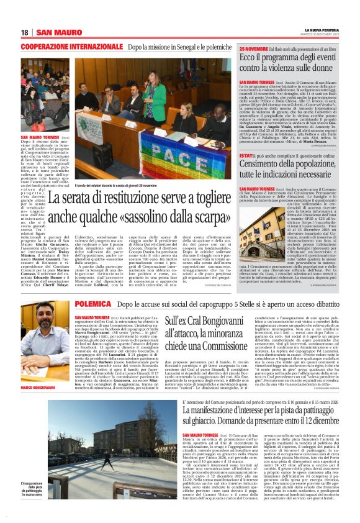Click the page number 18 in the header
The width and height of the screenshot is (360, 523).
[25, 32]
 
